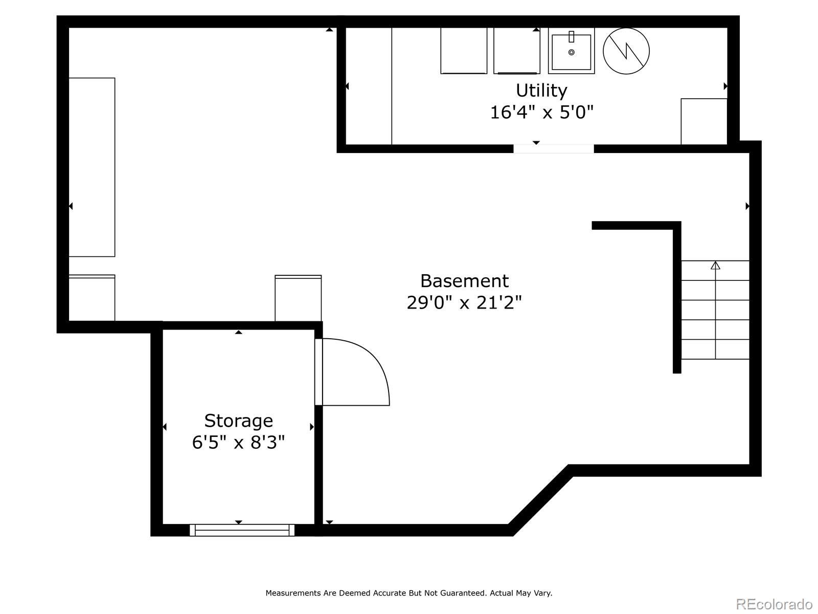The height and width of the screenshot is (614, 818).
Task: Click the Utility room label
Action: pos(541,91)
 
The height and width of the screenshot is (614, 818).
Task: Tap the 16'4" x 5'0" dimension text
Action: pos(541,112)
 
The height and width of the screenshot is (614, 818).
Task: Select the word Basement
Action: pos(464,281)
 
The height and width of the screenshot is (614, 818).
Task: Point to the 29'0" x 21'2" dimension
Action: pos(464,302)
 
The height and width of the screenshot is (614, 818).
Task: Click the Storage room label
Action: pos(238,421)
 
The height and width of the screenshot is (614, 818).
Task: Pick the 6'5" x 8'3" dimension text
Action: pos(238,442)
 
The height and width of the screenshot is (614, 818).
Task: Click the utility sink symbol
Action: pos(571,51)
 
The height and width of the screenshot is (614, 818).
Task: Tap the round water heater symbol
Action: pos(626,51)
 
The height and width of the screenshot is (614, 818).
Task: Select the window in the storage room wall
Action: pos(242,530)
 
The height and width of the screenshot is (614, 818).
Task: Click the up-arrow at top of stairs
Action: pos(715,265)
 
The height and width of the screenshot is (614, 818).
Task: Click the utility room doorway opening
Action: pos(554,149)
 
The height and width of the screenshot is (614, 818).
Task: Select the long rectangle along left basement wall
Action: pos(92,167)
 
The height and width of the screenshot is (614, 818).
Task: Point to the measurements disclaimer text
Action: pos(408,593)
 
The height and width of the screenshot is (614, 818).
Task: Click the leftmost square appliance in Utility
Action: pos(464,51)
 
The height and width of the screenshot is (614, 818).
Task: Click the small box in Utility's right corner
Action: pos(703,121)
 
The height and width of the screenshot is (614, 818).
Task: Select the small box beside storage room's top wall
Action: pos(298,298)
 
